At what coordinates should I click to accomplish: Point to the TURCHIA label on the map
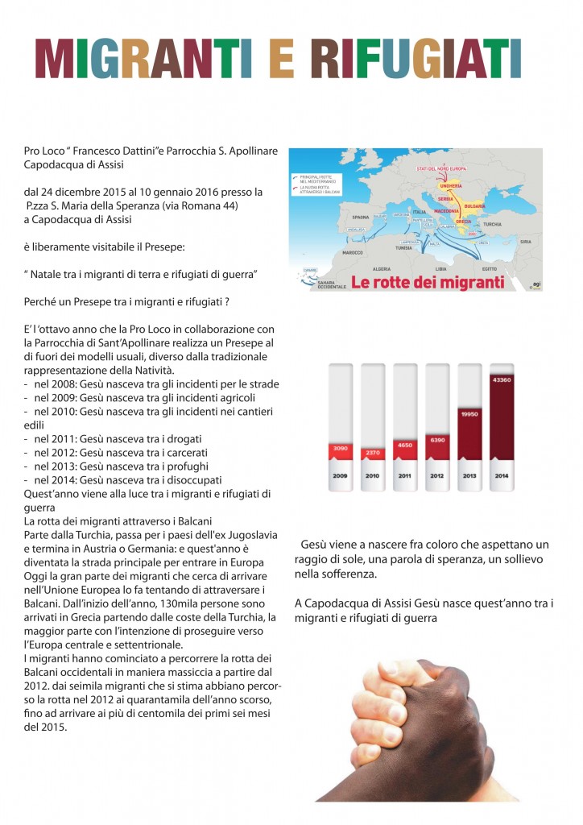tap(492, 225)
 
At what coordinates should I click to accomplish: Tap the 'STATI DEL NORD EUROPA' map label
tap(443, 168)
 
